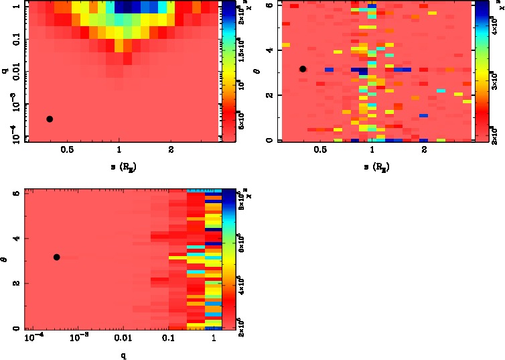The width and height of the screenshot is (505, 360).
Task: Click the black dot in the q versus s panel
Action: point(50,119)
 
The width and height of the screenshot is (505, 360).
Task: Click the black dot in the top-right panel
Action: point(303,68)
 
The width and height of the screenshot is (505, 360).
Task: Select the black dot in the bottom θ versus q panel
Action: point(57,257)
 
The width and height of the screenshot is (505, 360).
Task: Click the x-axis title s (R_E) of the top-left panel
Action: point(119,165)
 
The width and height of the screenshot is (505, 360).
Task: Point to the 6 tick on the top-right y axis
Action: point(267,5)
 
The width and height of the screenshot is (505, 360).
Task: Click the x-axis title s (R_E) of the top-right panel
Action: point(372,165)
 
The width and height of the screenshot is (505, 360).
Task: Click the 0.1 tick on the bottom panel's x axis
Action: point(167,339)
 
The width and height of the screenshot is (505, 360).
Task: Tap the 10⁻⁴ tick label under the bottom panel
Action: point(33,339)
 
